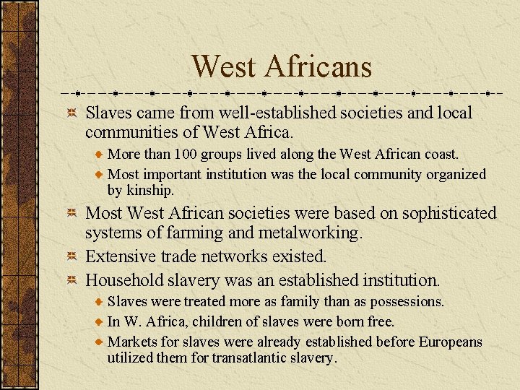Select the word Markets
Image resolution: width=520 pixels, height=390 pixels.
133,342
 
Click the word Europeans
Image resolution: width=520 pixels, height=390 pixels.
450,342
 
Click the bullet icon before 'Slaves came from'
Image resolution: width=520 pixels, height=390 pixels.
72,113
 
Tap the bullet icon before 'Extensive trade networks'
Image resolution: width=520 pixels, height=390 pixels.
72,256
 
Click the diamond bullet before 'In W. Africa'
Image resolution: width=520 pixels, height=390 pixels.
100,321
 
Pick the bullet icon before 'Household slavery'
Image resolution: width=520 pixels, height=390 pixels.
72,279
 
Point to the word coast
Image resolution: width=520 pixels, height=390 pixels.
441,155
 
